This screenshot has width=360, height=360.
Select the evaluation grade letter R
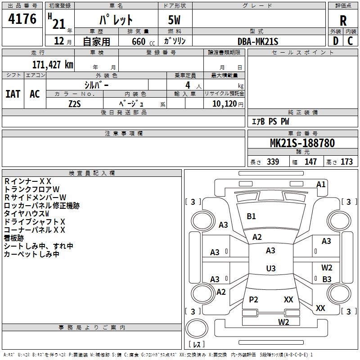click(x=343, y=21)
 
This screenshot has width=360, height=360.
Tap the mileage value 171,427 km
click(x=52, y=64)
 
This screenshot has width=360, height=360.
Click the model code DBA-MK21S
click(x=258, y=41)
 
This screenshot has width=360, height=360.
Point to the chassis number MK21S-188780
click(x=302, y=144)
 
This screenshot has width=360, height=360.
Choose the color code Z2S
click(x=75, y=103)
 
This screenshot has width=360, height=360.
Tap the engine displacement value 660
click(x=138, y=41)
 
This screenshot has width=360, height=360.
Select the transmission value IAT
click(x=13, y=94)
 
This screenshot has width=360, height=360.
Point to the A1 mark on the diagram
click(x=321, y=184)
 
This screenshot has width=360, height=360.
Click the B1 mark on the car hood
click(x=251, y=216)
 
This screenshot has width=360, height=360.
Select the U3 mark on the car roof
click(x=270, y=269)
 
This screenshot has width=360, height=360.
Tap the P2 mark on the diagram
click(x=253, y=300)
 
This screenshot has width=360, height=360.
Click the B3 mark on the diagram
click(x=327, y=279)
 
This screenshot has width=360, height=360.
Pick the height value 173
click(x=346, y=162)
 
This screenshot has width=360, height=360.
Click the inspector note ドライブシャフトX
click(x=35, y=222)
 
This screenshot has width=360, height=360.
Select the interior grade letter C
click(x=350, y=41)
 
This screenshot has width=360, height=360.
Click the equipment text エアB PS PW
click(x=270, y=121)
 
